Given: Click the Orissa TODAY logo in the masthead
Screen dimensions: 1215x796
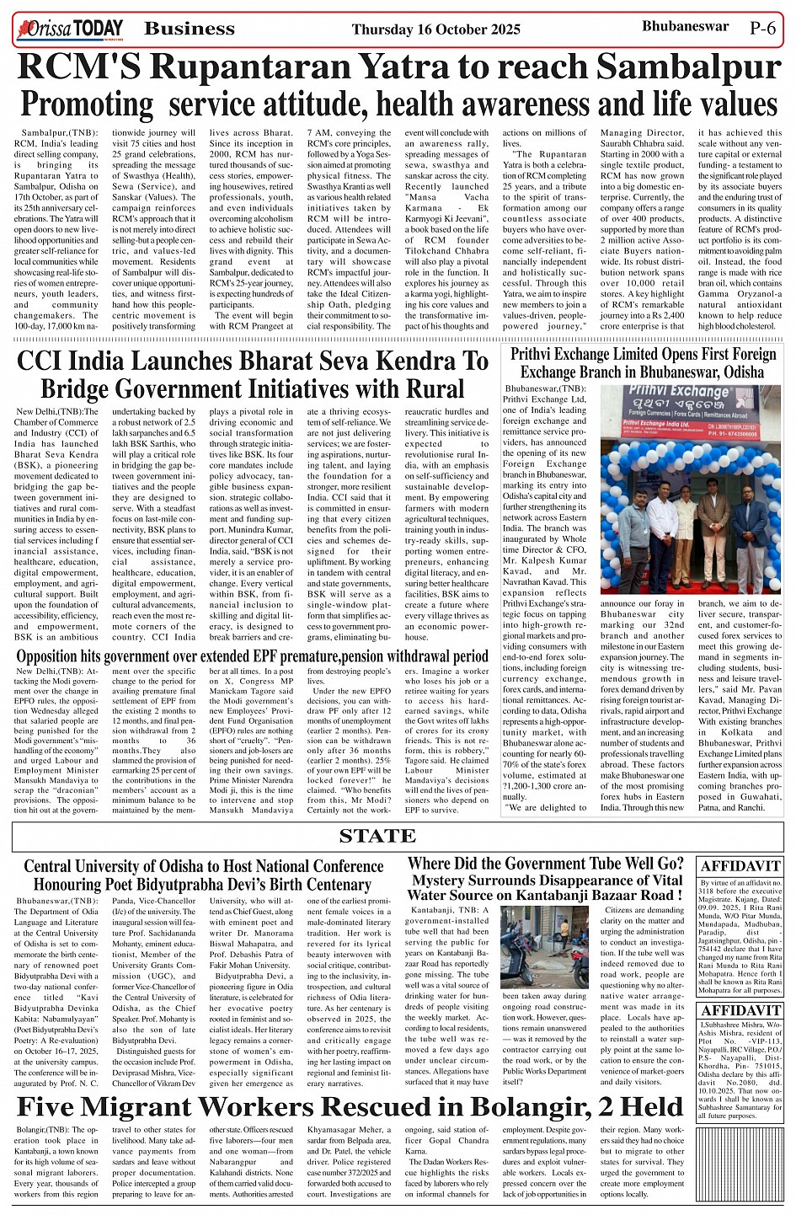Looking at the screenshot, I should (69, 30).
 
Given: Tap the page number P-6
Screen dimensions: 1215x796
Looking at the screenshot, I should (763, 28).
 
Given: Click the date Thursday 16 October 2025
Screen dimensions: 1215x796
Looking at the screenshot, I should (436, 29).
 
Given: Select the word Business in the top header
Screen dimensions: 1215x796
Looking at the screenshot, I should (190, 29).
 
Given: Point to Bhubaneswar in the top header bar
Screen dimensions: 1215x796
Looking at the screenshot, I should (685, 27).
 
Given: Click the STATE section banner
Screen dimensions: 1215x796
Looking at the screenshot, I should (377, 836).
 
